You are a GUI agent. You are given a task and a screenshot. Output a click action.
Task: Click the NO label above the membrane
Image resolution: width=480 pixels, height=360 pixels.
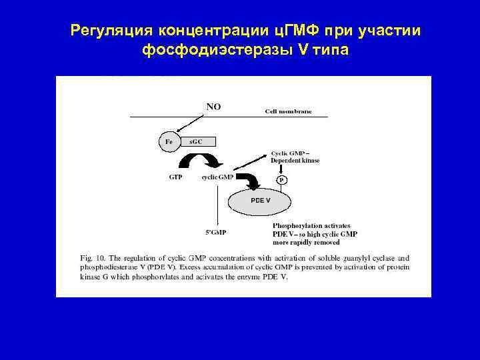(x=214, y=106)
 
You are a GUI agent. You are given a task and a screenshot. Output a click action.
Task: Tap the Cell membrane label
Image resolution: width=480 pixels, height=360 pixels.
(x=289, y=111)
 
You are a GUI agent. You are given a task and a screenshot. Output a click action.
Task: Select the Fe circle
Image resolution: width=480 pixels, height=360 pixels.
(x=169, y=142)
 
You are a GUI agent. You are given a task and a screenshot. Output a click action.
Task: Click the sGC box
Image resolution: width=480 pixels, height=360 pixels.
(x=198, y=141)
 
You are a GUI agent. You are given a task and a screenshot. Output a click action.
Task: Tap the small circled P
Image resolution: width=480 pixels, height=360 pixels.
(x=282, y=180)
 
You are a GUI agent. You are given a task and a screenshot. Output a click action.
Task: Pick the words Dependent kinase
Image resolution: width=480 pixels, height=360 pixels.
(x=295, y=161)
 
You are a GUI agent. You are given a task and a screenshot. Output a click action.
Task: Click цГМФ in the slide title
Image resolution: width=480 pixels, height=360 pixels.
(x=291, y=31)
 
